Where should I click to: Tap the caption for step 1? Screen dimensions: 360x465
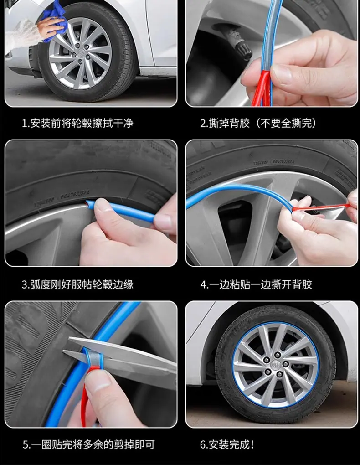77,123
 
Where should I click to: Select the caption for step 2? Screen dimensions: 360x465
258,123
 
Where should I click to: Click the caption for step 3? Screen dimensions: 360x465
77,284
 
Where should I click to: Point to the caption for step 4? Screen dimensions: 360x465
257,284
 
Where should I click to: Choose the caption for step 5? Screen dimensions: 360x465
89,444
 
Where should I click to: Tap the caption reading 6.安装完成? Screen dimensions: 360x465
227,444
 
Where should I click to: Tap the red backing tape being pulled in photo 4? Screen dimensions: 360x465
320,207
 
